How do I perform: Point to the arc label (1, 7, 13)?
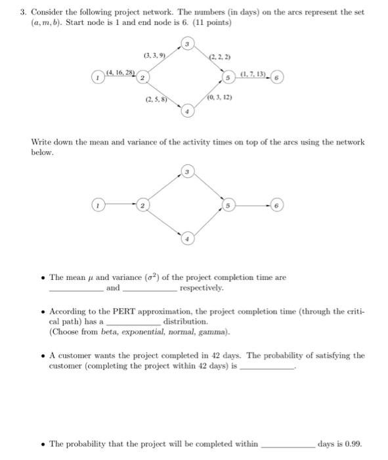pos(255,72)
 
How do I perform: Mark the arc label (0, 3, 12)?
pos(219,97)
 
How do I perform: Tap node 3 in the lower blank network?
pos(188,173)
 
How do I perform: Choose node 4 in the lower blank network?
pos(188,240)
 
